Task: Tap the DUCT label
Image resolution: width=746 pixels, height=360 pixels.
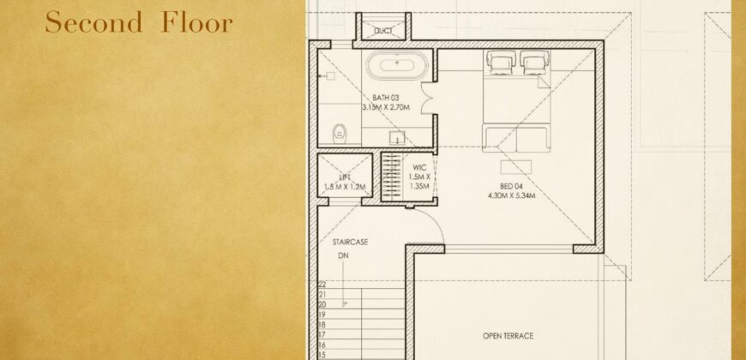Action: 382,32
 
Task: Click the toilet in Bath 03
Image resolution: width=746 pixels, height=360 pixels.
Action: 340,133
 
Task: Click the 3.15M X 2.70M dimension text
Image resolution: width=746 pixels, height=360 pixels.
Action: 387,108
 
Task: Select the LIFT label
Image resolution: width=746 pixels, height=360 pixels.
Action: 345,177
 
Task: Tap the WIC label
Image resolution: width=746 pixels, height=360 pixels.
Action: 419,168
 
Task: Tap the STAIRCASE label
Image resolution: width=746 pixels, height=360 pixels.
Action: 350,243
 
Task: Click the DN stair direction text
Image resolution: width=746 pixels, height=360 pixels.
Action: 343,255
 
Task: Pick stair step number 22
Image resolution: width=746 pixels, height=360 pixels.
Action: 322,284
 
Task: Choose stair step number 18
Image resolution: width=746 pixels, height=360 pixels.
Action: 322,324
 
